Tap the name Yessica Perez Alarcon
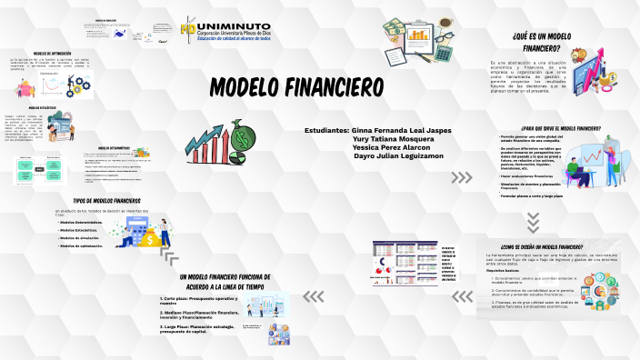[394, 147]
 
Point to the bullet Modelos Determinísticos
[87, 222]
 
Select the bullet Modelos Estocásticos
[85, 230]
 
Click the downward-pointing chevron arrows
[534, 221]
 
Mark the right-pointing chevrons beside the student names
[462, 178]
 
